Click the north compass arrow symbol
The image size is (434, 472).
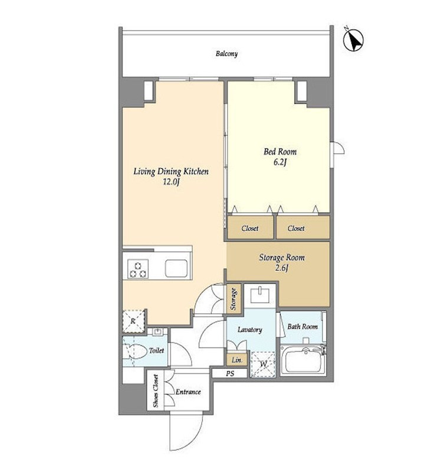pyautogui.click(x=353, y=40)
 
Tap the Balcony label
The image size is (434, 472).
pyautogui.click(x=226, y=54)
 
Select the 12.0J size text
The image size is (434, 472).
pyautogui.click(x=171, y=182)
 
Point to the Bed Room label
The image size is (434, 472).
pyautogui.click(x=280, y=152)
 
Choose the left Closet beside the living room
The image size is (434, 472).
pyautogui.click(x=250, y=228)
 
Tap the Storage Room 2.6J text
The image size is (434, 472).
pyautogui.click(x=282, y=262)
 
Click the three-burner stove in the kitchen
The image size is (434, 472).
pyautogui.click(x=138, y=269)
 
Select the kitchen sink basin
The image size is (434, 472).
pyautogui.click(x=176, y=268)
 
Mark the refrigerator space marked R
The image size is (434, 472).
pyautogui.click(x=134, y=321)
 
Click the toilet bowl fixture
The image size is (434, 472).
pyautogui.click(x=135, y=351)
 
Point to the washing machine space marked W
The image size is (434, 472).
pyautogui.click(x=263, y=364)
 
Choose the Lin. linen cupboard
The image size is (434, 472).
pyautogui.click(x=237, y=359)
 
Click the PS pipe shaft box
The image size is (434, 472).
pyautogui.click(x=230, y=373)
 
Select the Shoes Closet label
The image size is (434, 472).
pyautogui.click(x=156, y=391)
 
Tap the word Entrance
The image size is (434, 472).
pyautogui.click(x=188, y=392)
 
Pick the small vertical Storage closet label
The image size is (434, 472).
pyautogui.click(x=234, y=299)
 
